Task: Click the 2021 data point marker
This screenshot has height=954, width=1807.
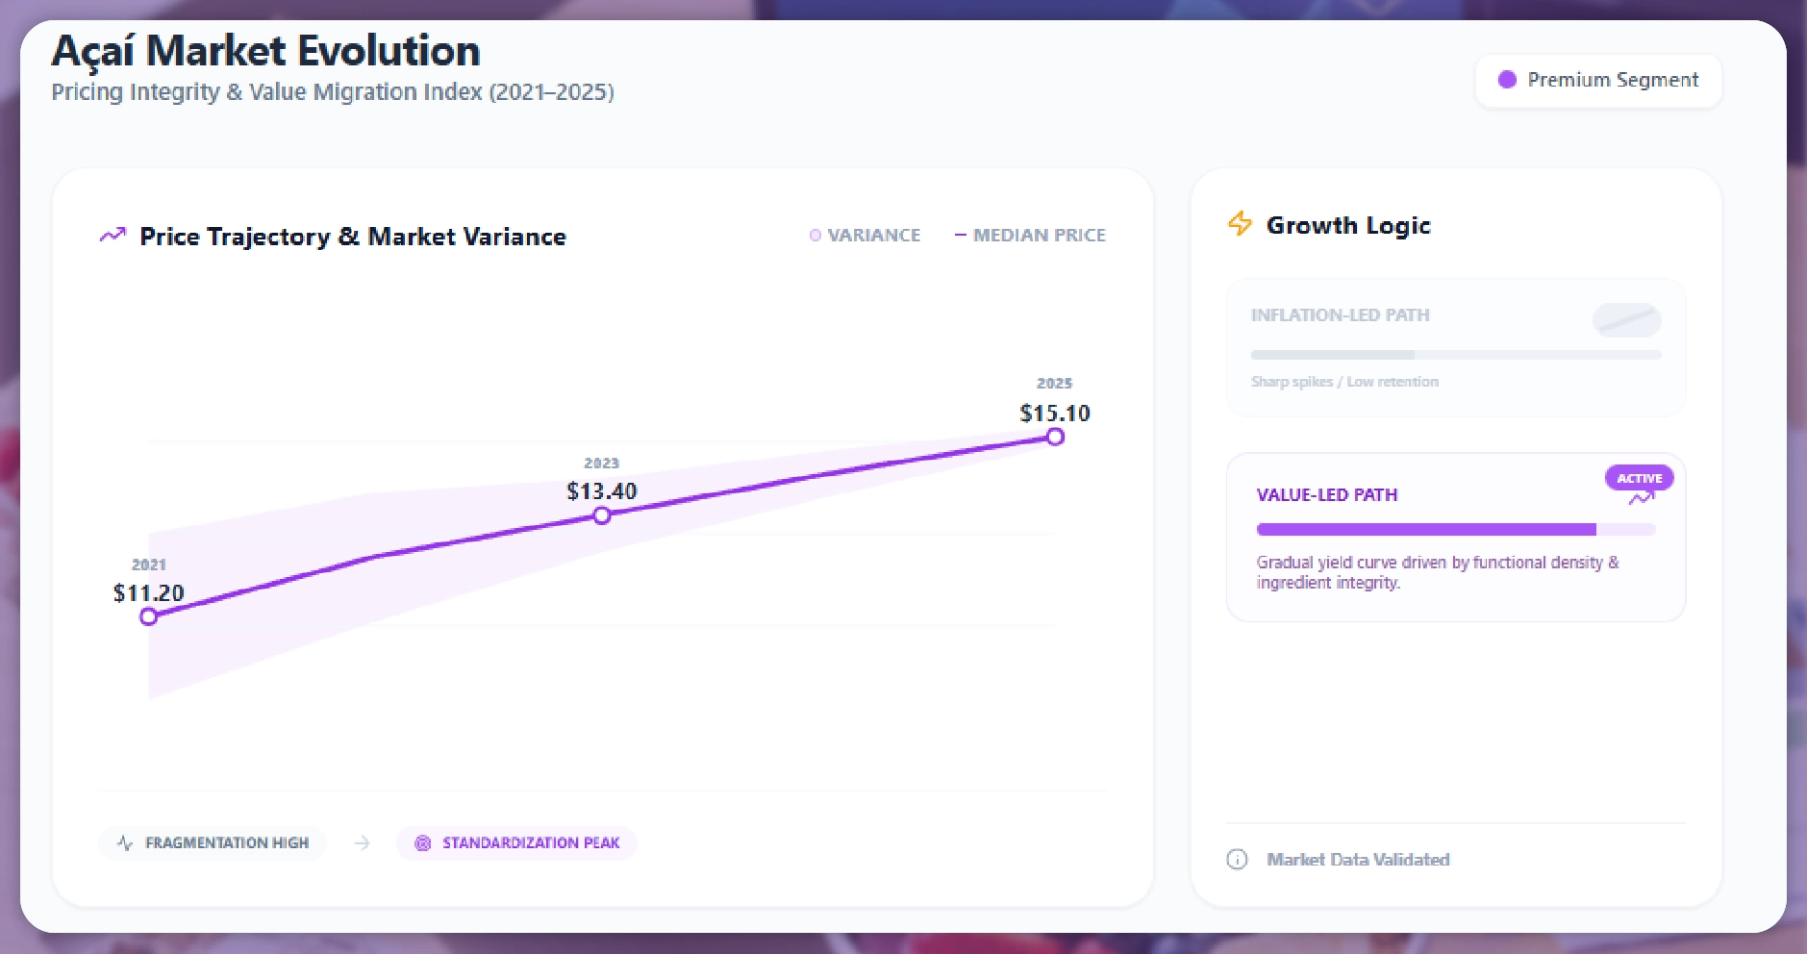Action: point(148,616)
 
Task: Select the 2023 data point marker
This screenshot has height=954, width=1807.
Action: point(602,515)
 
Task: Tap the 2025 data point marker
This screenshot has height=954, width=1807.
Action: point(1055,437)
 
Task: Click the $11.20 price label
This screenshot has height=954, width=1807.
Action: point(148,592)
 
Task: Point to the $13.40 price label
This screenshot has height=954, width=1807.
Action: point(602,491)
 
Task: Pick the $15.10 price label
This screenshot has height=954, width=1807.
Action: point(1055,414)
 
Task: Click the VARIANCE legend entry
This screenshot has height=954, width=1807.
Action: point(866,236)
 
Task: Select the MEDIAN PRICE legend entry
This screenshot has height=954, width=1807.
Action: point(1030,236)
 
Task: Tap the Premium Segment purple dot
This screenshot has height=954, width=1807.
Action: point(1507,80)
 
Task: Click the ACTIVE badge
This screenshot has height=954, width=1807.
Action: point(1639,478)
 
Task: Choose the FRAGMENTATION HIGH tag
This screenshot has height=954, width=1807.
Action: point(213,843)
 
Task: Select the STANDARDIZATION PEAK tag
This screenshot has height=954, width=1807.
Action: point(517,843)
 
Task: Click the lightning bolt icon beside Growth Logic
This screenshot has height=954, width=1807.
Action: point(1240,224)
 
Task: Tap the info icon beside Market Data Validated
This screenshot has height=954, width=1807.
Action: point(1237,860)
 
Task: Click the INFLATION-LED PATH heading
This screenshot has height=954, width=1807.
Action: point(1340,315)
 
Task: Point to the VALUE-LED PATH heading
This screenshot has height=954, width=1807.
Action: point(1326,495)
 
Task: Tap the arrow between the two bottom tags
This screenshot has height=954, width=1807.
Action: point(362,843)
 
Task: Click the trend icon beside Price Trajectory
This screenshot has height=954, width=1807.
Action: point(113,235)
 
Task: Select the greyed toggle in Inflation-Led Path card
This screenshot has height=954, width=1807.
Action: point(1626,319)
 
